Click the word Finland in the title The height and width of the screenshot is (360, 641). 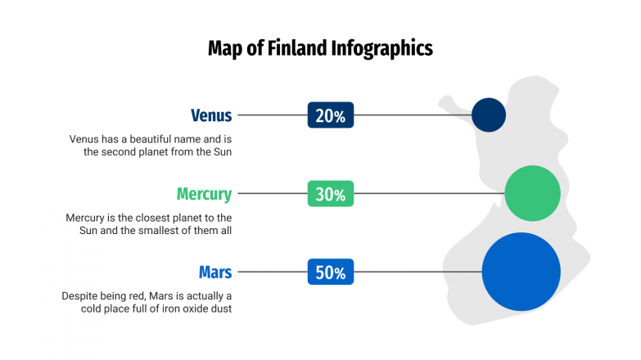[296, 48]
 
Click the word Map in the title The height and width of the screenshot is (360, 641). [225, 48]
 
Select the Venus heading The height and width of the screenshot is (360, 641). [211, 115]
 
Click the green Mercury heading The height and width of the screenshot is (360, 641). [204, 194]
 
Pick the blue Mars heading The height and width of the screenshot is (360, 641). [215, 272]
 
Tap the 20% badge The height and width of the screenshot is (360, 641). [330, 115]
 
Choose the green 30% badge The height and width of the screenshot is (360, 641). [330, 194]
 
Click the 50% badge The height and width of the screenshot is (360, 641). [330, 272]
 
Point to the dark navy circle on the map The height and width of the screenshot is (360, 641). [489, 115]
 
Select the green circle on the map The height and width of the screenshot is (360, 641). [532, 193]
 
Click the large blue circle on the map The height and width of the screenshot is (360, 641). [521, 272]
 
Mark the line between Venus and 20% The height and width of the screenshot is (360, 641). [271, 115]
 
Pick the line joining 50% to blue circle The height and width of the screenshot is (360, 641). [418, 272]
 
